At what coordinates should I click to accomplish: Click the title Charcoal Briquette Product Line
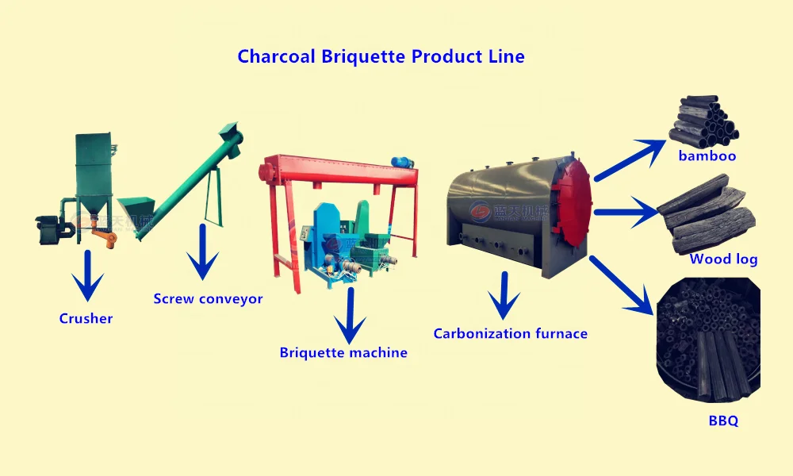click(x=381, y=57)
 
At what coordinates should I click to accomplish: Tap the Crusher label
click(x=86, y=319)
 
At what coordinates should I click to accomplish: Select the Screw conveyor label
click(x=208, y=299)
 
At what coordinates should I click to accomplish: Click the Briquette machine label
click(x=343, y=352)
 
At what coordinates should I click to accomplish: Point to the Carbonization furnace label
click(x=510, y=333)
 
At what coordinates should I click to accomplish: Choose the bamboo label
click(x=707, y=156)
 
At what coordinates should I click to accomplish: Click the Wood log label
click(x=723, y=259)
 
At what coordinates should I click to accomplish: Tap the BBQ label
click(x=723, y=421)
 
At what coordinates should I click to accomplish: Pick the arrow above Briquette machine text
click(x=349, y=317)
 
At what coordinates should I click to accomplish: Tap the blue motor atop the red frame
click(x=404, y=161)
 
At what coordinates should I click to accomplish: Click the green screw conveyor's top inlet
click(x=231, y=131)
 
